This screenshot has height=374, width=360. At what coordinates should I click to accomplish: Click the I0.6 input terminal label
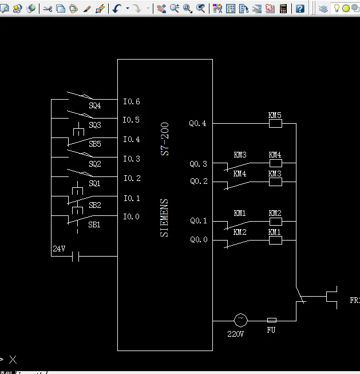pyautogui.click(x=132, y=102)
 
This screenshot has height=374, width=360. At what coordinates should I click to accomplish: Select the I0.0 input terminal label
pyautogui.click(x=132, y=216)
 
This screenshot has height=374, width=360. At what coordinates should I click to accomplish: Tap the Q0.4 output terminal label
pyautogui.click(x=198, y=123)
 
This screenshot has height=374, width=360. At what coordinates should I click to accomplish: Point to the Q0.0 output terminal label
pyautogui.click(x=199, y=240)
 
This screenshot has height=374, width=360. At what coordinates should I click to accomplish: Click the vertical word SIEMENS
pyautogui.click(x=165, y=218)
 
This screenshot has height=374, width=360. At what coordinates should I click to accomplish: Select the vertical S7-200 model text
pyautogui.click(x=165, y=139)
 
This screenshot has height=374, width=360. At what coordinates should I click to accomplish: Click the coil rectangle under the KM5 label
pyautogui.click(x=275, y=123)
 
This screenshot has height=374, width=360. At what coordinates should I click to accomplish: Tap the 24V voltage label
pyautogui.click(x=59, y=249)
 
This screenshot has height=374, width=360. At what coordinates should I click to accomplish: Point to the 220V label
pyautogui.click(x=236, y=333)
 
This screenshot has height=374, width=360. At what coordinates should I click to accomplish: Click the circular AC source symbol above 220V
pyautogui.click(x=240, y=320)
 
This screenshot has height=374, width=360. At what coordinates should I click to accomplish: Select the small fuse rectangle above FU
pyautogui.click(x=272, y=320)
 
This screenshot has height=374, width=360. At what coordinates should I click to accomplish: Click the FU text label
pyautogui.click(x=271, y=330)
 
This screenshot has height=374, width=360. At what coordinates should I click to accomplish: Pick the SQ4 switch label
pyautogui.click(x=94, y=106)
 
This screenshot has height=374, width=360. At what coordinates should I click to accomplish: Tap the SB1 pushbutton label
pyautogui.click(x=94, y=225)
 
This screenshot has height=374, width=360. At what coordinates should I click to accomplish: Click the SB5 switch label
pyautogui.click(x=94, y=144)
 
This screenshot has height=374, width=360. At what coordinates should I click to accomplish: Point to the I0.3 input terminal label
pyautogui.click(x=132, y=159)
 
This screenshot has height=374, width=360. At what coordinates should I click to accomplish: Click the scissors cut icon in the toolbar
pyautogui.click(x=47, y=9)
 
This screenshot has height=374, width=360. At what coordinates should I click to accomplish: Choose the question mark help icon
pyautogui.click(x=300, y=9)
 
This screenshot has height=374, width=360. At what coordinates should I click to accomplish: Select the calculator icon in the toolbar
pyautogui.click(x=283, y=9)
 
